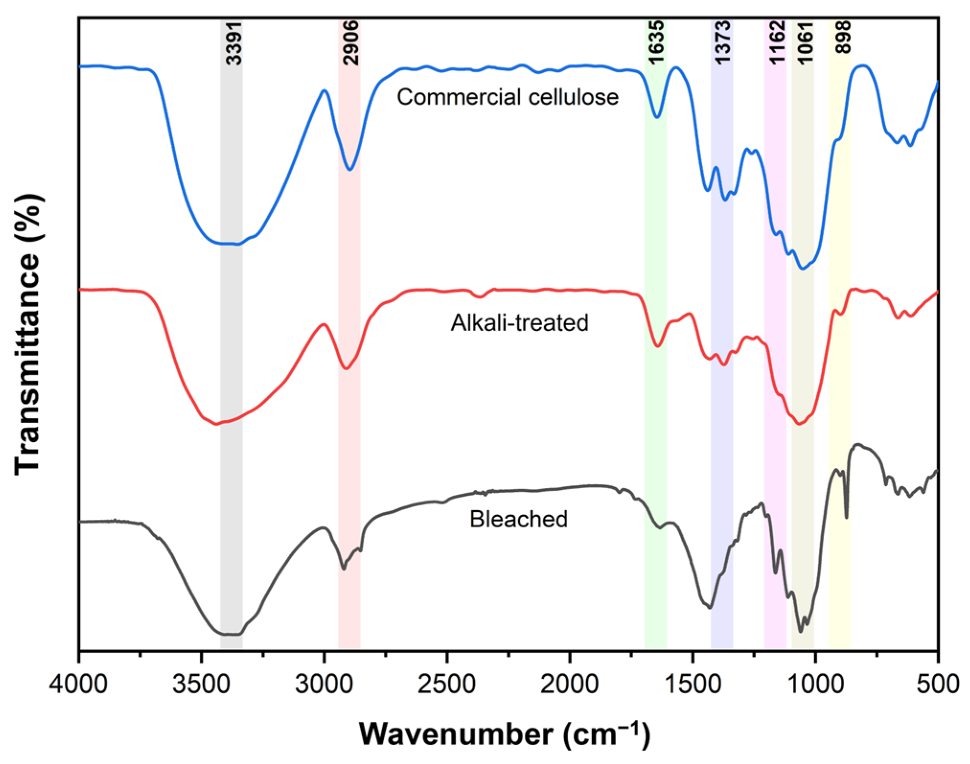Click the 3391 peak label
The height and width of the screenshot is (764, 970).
(x=234, y=43)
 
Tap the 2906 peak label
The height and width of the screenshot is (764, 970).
(x=351, y=43)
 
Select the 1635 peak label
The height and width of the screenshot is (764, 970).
(x=656, y=42)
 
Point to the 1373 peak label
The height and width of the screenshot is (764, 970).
(x=722, y=42)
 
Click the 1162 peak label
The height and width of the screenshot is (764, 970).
(x=776, y=42)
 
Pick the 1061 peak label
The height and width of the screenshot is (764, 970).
(x=805, y=42)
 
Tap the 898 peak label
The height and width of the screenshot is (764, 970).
(x=842, y=37)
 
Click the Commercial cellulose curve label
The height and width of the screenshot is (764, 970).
(x=507, y=97)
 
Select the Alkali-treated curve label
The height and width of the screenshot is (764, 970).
(x=519, y=323)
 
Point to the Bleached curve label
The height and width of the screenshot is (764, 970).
(x=518, y=519)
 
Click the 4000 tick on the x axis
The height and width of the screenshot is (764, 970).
(x=79, y=684)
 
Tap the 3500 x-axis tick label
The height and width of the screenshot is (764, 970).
(x=202, y=684)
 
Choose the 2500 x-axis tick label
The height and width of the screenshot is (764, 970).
(x=447, y=684)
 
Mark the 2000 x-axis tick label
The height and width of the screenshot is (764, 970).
(x=570, y=684)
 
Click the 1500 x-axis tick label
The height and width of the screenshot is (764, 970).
(x=692, y=684)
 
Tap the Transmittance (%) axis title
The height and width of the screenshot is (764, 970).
(x=28, y=334)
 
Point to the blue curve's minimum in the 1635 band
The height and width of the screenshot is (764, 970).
(x=657, y=116)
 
